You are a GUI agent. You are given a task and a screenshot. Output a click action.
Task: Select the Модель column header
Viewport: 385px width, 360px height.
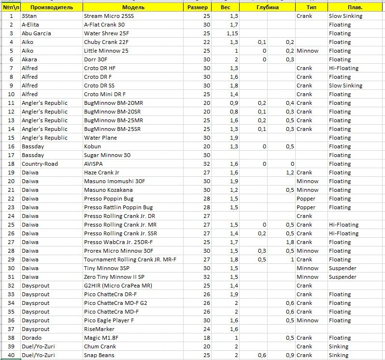pyautogui.click(x=133, y=7)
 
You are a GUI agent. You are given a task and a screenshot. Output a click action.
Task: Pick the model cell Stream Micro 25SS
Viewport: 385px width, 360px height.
pyautogui.click(x=109, y=16)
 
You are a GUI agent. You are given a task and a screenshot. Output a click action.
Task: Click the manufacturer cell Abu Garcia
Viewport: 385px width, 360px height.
pyautogui.click(x=36, y=33)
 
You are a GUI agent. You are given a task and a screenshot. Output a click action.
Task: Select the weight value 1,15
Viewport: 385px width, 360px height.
pyautogui.click(x=232, y=33)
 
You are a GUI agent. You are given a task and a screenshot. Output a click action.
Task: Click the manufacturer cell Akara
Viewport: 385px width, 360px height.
pyautogui.click(x=29, y=59)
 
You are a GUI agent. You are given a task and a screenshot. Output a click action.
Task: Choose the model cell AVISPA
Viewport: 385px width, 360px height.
pyautogui.click(x=94, y=164)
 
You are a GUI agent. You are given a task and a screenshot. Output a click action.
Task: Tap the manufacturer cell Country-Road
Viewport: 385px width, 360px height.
pyautogui.click(x=40, y=164)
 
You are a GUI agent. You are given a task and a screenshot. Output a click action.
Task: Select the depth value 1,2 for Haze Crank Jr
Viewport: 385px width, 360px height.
pyautogui.click(x=290, y=173)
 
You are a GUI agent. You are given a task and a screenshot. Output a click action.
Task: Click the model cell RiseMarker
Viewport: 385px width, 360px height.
pyautogui.click(x=100, y=329)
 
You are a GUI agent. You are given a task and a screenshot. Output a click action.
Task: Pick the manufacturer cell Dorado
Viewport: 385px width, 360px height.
pyautogui.click(x=31, y=338)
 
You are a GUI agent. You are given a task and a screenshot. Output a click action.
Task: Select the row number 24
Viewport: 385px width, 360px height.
pyautogui.click(x=11, y=216)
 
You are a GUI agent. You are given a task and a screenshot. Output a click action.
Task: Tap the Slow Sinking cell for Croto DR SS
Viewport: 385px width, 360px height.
pyautogui.click(x=345, y=86)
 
